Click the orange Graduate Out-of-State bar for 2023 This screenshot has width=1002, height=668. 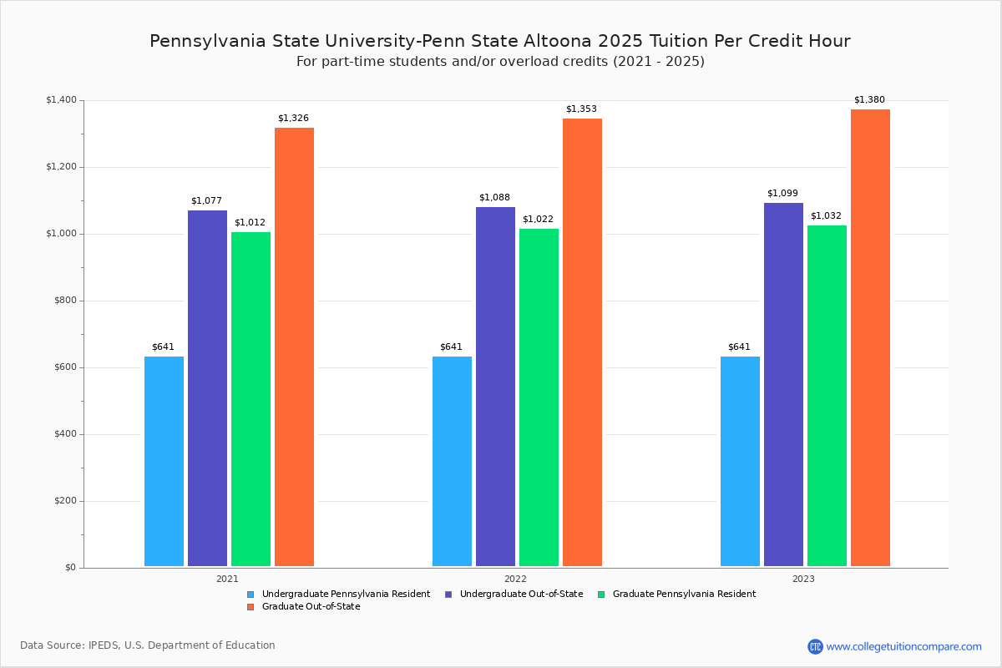870,338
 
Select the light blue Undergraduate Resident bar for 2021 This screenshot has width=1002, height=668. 164,462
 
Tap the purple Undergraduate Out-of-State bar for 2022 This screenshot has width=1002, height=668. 495,387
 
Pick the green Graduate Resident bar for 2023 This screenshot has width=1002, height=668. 827,396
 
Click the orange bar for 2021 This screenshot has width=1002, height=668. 294,347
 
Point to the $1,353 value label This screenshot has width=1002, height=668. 581,109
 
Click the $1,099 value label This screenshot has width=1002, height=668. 782,194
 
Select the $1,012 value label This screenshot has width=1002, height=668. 250,223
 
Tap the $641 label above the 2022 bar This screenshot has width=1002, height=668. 451,347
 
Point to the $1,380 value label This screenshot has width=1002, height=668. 868,100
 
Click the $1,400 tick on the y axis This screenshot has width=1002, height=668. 61,100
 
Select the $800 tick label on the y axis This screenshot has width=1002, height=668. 64,301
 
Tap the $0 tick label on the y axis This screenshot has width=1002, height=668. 70,568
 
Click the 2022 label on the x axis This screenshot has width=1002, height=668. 515,579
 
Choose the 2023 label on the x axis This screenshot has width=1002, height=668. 803,579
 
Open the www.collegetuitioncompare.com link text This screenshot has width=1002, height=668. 903,646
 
